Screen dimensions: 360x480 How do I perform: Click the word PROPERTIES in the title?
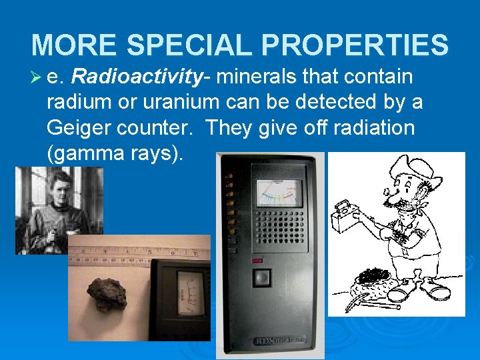(355, 45)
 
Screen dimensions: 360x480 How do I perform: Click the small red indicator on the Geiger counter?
(258, 260)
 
